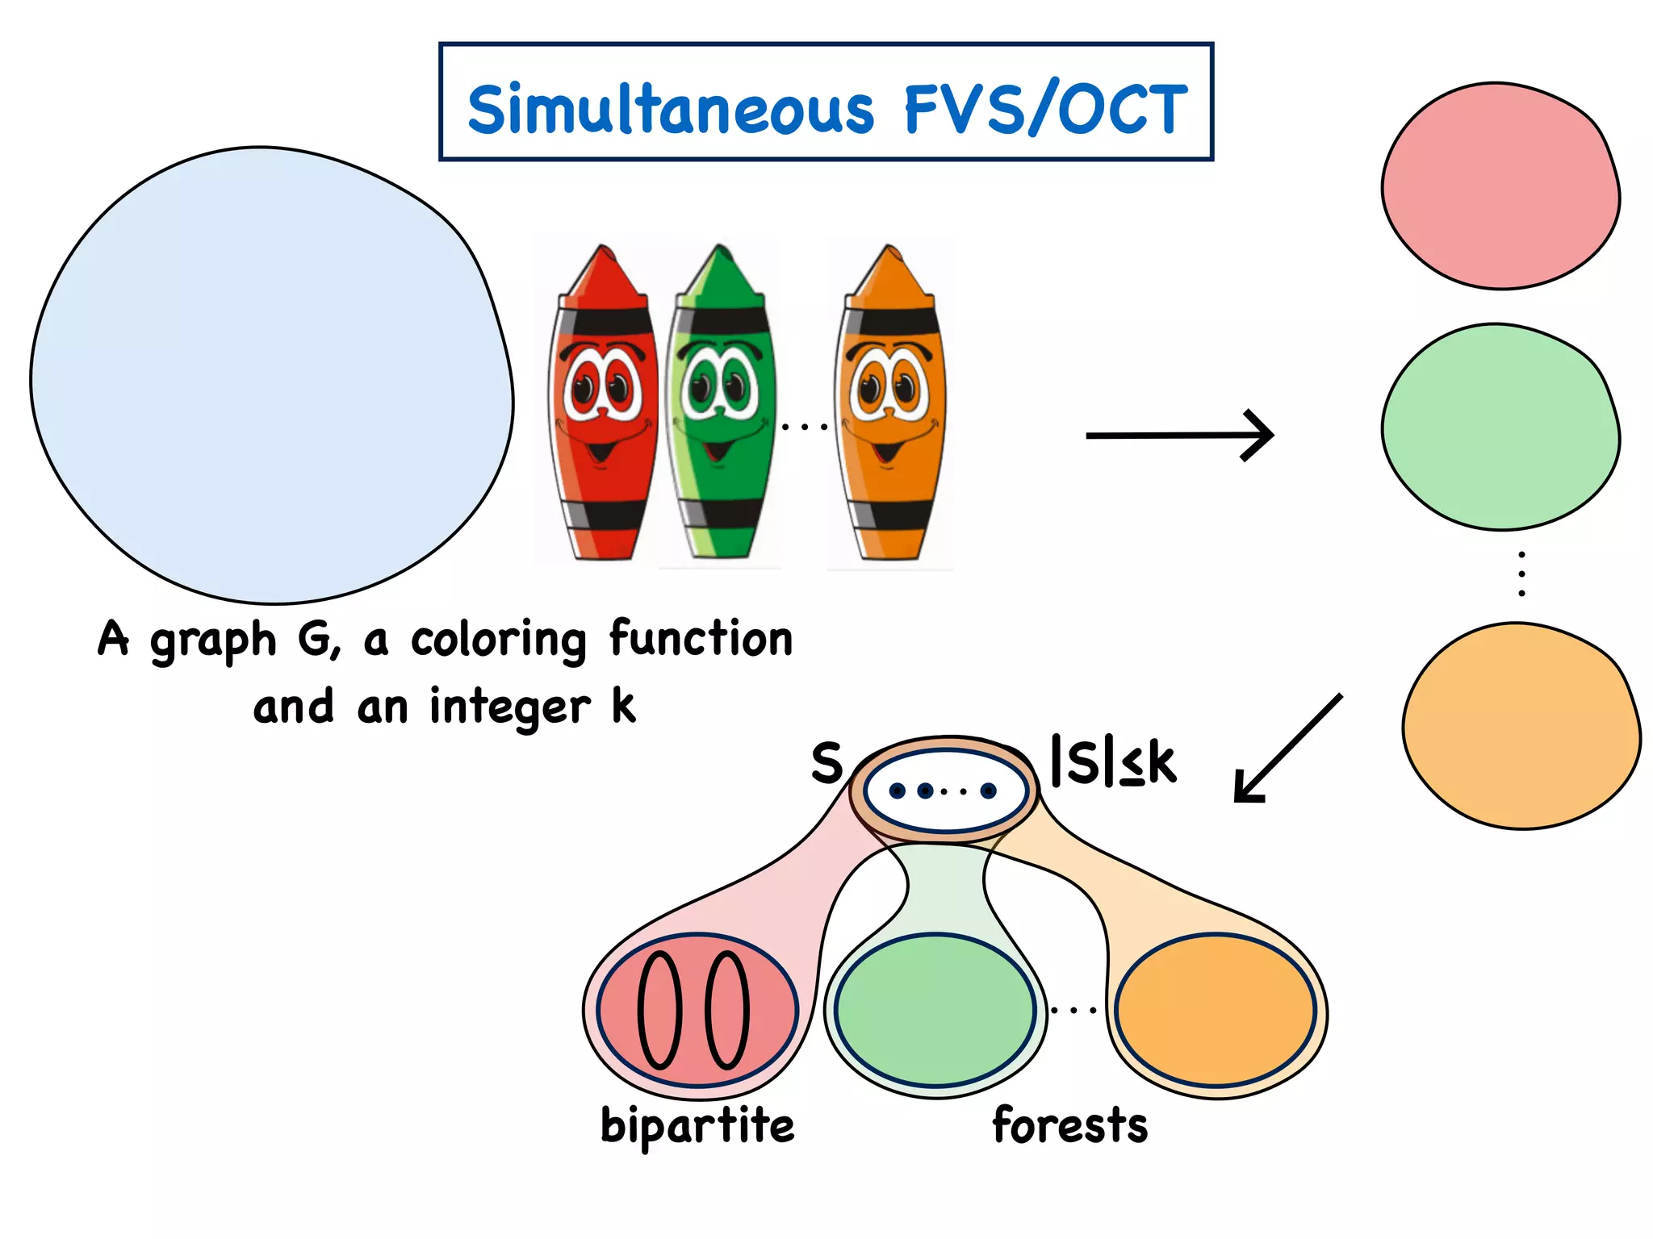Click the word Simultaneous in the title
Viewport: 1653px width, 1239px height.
pos(671,111)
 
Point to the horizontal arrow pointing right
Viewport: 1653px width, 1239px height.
pos(1178,436)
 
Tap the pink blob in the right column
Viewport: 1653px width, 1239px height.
pos(1500,186)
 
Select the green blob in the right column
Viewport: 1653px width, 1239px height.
pos(1500,427)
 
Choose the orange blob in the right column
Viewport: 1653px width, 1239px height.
pos(1521,726)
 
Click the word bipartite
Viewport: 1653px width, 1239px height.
pos(697,1125)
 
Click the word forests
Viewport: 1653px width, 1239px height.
pos(1069,1125)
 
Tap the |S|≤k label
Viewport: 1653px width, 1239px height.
pos(1113,761)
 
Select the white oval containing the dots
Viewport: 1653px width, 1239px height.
pos(944,791)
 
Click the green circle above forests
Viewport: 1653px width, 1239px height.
pos(935,1009)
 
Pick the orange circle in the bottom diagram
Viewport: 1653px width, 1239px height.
pos(1216,1009)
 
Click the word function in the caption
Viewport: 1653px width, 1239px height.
pos(701,639)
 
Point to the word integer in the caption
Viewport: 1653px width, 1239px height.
pos(509,707)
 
